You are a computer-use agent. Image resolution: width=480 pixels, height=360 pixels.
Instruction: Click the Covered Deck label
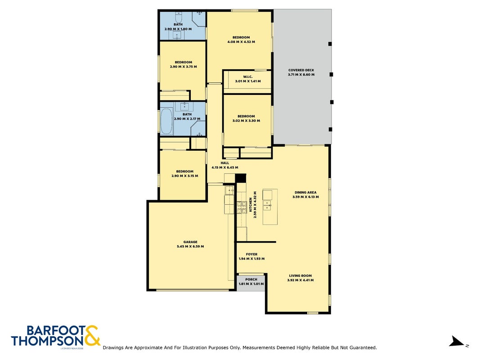pos(301,70)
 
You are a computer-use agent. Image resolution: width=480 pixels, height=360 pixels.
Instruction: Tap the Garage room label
pos(190,242)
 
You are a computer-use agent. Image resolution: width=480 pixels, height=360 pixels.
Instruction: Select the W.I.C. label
pos(248,77)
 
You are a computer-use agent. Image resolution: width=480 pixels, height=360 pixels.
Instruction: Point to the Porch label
pos(251,279)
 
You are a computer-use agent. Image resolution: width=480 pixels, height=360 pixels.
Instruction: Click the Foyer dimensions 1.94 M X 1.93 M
pos(251,259)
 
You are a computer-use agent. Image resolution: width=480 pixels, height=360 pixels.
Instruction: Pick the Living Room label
pos(301,275)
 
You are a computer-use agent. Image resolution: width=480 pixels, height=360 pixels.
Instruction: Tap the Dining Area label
pos(305,193)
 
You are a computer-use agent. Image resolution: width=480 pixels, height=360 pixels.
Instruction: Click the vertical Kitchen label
pos(251,204)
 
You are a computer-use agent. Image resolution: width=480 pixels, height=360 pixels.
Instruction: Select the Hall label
pos(224,163)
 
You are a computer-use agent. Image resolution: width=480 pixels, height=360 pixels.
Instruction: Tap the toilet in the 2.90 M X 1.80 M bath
pos(179,16)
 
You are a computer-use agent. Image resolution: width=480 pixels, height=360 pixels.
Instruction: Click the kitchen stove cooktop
pos(242,207)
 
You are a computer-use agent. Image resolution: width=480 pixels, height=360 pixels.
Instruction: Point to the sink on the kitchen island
pos(267,205)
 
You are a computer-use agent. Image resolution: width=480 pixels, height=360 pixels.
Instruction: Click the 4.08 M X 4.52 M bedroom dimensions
pos(241,42)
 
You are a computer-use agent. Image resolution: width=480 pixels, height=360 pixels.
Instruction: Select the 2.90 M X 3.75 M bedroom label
pos(184,62)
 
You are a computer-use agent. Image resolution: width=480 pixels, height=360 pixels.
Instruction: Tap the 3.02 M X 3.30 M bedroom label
pos(246,117)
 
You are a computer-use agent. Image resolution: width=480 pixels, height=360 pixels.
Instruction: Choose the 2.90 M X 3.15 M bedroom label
pos(184,171)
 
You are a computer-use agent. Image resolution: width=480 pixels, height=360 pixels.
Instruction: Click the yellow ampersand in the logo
pos(92,336)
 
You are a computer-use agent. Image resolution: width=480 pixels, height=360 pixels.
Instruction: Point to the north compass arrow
pos(457,341)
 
